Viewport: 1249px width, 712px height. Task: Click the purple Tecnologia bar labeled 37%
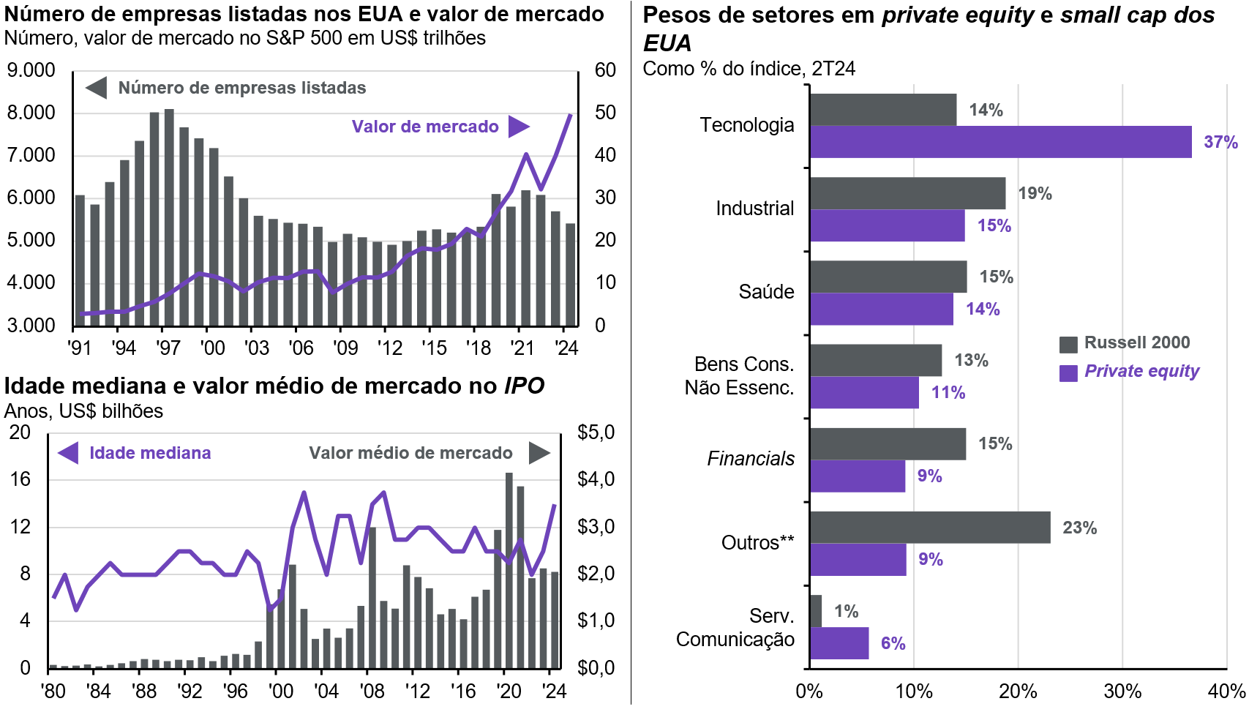coord(1000,142)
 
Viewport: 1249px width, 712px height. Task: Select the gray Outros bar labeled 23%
coord(929,528)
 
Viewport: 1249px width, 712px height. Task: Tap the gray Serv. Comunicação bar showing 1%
coord(816,611)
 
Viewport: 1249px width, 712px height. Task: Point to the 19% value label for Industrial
coord(1035,193)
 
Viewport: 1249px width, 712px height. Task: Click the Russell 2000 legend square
coord(1068,344)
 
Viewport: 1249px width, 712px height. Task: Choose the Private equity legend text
coord(1141,371)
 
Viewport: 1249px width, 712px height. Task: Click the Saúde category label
coord(766,292)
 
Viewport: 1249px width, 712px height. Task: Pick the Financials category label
coord(751,459)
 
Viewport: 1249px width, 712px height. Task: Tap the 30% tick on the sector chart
coord(1122,692)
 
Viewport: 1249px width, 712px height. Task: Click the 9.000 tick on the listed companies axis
coord(31,70)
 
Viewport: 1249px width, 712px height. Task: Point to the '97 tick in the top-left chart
coord(168,348)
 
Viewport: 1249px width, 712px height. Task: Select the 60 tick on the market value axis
coord(605,70)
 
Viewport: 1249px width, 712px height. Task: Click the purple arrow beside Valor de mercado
coord(519,127)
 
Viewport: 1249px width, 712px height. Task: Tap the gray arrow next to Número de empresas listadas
coord(97,88)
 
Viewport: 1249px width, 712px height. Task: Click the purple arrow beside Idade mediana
coord(68,453)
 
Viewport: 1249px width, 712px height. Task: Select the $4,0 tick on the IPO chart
coord(596,479)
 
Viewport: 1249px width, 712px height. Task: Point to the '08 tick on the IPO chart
coord(372,691)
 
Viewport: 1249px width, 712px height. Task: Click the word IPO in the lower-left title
coord(524,386)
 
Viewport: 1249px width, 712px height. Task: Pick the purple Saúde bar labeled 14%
coord(881,309)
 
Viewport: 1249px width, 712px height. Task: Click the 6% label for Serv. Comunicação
coord(893,643)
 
